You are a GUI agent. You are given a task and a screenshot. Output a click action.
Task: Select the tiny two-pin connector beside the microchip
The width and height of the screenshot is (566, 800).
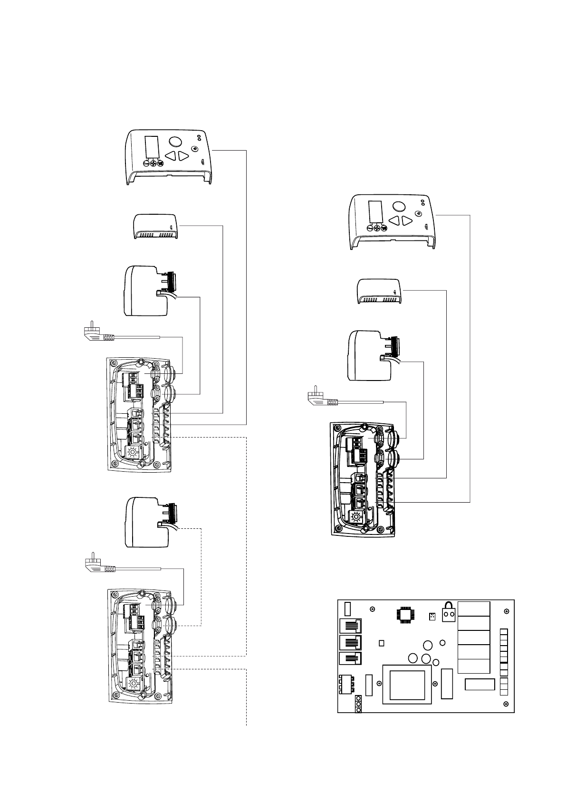(x=432, y=617)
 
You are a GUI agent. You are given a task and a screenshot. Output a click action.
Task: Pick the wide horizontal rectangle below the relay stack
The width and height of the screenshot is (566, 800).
(x=480, y=685)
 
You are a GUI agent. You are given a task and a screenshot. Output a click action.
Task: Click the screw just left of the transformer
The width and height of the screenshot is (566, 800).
(x=379, y=684)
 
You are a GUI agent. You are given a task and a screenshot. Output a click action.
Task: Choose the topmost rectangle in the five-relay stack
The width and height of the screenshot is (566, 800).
(x=474, y=609)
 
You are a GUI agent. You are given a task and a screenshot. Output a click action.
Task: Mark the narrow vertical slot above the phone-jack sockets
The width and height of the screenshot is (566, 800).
(x=347, y=608)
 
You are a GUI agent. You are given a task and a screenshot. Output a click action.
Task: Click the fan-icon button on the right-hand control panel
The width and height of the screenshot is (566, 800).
(x=378, y=228)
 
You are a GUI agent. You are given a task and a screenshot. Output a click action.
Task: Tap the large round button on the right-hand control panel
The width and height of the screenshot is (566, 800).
(x=398, y=205)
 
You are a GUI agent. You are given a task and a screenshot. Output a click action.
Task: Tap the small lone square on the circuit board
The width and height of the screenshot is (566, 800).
(x=381, y=643)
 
